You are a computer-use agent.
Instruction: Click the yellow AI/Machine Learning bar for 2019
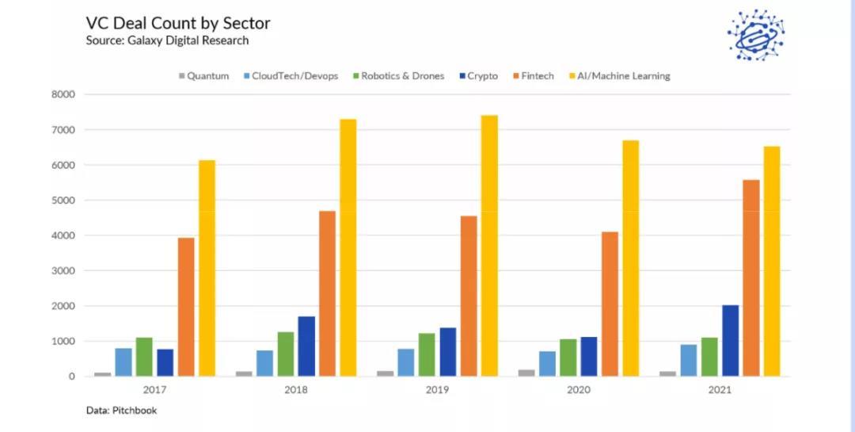(489, 246)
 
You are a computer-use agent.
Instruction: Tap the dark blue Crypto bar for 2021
(730, 341)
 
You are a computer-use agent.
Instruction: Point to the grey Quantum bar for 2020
(526, 373)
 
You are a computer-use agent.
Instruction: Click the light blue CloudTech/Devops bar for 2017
(123, 362)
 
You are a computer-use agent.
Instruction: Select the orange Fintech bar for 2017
(186, 307)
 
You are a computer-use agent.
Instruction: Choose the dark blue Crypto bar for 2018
(306, 346)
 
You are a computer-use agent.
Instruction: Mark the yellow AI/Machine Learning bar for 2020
(630, 258)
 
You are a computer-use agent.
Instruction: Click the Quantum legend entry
(204, 76)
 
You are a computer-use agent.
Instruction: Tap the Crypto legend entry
(477, 76)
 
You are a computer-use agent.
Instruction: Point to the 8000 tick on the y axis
(63, 94)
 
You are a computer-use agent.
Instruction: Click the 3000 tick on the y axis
(63, 270)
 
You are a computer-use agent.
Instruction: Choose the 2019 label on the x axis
(437, 390)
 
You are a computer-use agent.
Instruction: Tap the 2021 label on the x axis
(720, 390)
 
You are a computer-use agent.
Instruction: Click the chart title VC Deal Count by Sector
(178, 23)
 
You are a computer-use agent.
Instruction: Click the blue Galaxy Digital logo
(755, 35)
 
